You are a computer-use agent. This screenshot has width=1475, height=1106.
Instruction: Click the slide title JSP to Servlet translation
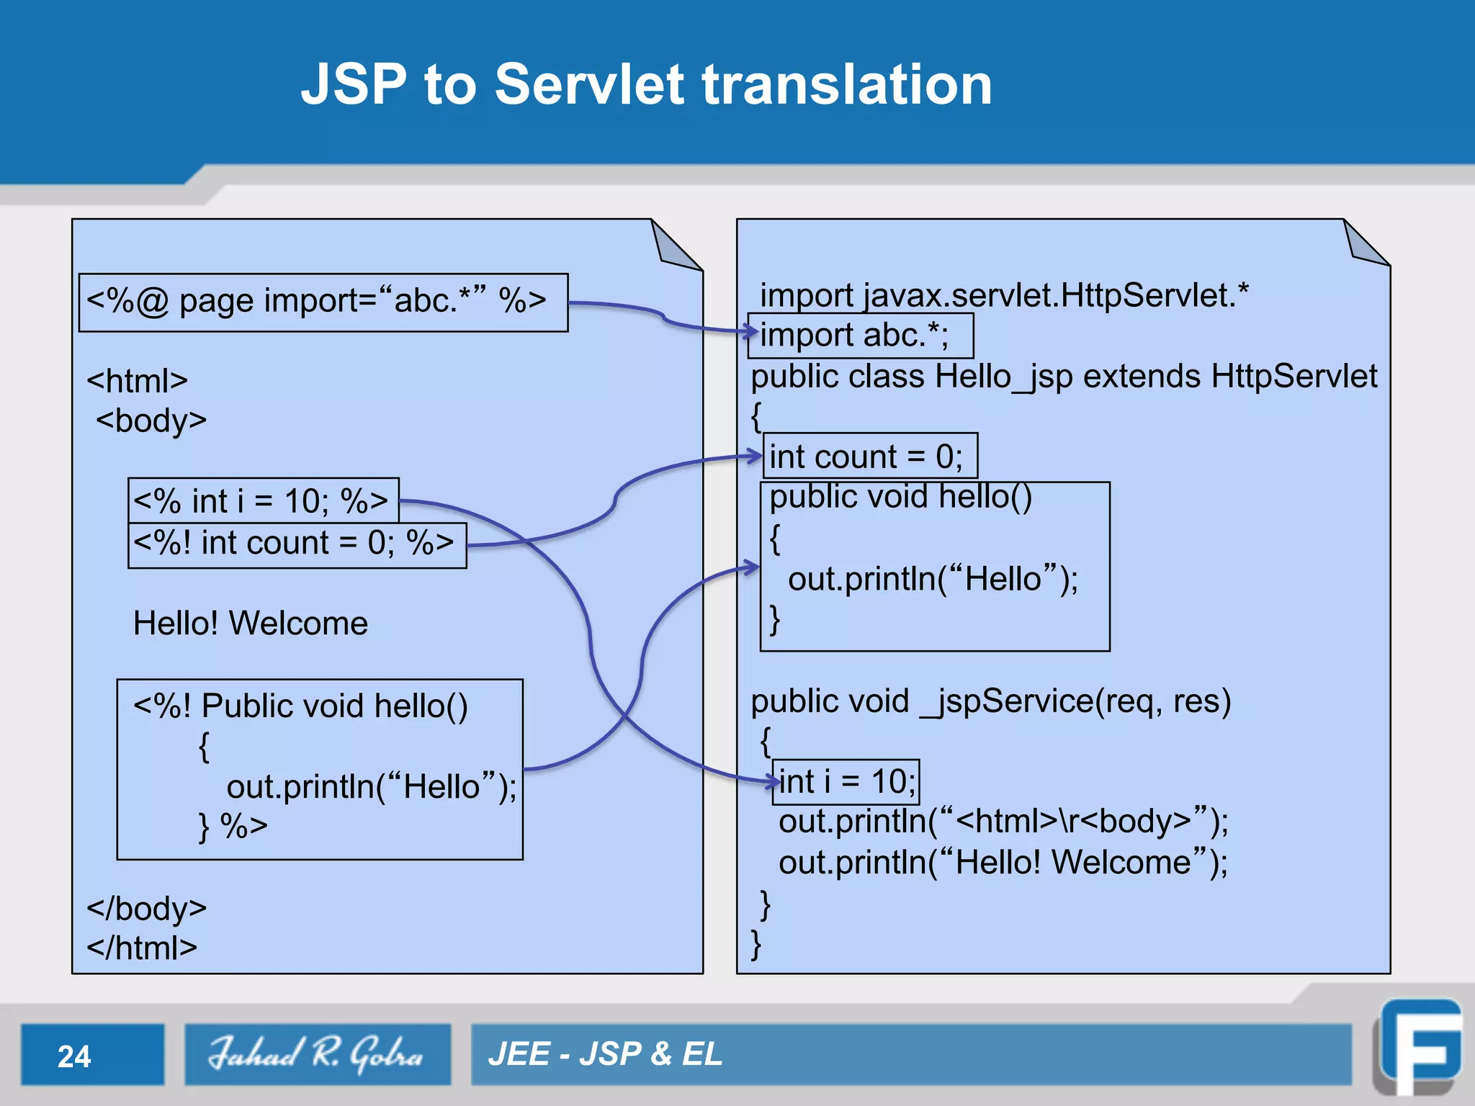(x=646, y=84)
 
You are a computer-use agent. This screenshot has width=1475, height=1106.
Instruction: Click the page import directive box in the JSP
(x=323, y=302)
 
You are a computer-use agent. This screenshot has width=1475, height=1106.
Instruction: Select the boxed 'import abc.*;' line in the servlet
(x=860, y=336)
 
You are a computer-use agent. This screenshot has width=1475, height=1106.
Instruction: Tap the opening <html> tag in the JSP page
(x=137, y=381)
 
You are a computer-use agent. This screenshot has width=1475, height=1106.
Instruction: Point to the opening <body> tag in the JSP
(x=151, y=421)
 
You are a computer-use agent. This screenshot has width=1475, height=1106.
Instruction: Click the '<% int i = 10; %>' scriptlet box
(x=263, y=500)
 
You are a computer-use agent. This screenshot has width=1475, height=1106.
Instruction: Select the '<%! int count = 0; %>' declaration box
(x=296, y=544)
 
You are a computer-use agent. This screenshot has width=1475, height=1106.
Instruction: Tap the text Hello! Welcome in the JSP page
(x=250, y=623)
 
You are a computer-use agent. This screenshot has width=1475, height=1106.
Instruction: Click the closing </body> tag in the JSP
(x=147, y=909)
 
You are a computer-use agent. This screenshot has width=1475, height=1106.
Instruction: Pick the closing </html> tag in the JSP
(x=142, y=948)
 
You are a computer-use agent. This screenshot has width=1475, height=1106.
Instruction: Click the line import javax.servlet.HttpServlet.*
(x=1004, y=295)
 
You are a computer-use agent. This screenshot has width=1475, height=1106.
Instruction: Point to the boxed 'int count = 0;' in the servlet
(x=869, y=456)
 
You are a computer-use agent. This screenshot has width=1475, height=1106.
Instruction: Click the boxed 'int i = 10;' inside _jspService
(x=846, y=782)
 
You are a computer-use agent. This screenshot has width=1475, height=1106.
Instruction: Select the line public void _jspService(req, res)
(x=990, y=701)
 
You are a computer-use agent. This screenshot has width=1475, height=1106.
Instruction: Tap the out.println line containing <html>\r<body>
(x=1003, y=822)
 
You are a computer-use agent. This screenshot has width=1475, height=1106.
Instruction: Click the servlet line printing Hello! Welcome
(x=1003, y=863)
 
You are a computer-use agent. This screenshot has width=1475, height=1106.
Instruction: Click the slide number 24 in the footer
(x=74, y=1056)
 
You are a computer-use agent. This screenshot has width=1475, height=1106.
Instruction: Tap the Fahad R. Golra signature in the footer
(x=317, y=1054)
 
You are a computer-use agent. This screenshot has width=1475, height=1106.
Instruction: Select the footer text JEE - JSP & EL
(x=605, y=1054)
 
